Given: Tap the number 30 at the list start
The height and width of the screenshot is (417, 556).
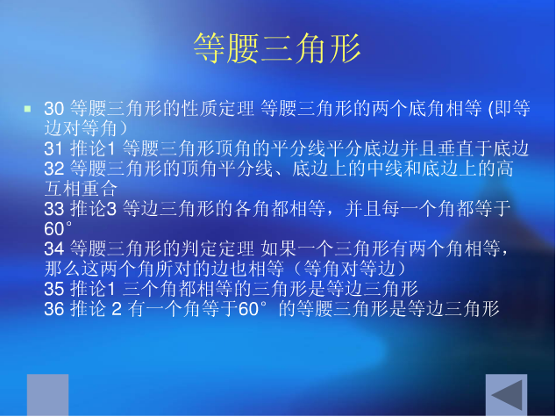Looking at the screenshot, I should tap(53, 109).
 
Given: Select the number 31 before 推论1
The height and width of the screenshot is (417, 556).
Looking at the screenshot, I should tap(53, 148).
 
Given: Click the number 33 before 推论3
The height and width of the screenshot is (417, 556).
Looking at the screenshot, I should tap(53, 209).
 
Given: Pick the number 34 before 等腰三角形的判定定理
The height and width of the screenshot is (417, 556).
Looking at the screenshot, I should tap(53, 249).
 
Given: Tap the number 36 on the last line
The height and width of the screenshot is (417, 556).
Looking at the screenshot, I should tap(53, 309).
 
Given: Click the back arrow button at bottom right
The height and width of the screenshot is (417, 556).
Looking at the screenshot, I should tap(508, 395).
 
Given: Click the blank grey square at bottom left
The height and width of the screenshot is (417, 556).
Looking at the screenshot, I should tap(47, 395).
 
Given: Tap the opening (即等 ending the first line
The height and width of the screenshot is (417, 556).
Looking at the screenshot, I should tap(509, 109).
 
